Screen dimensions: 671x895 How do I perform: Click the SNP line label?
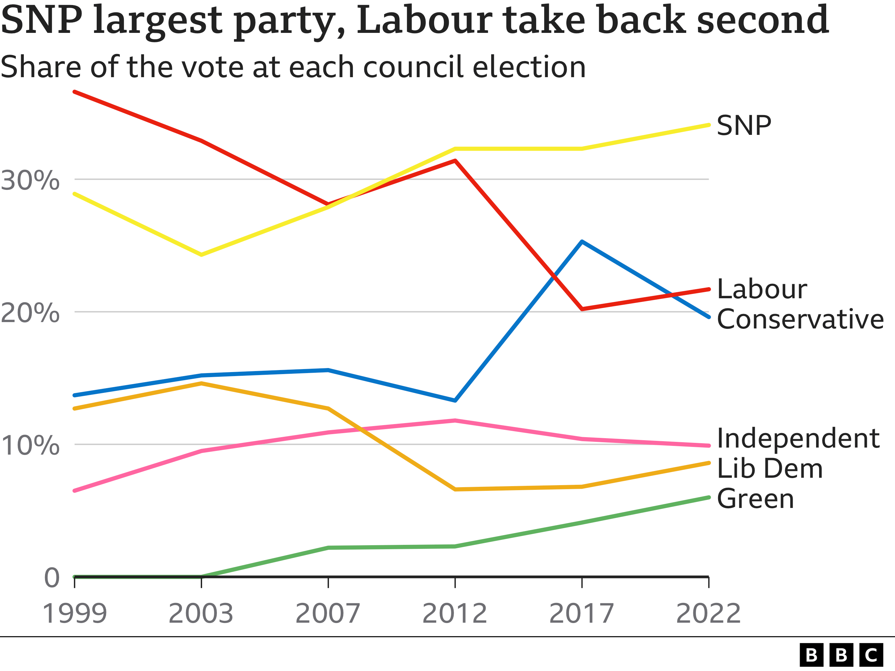[744, 126]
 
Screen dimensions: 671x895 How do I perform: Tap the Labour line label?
[762, 290]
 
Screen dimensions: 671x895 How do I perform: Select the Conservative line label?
[800, 319]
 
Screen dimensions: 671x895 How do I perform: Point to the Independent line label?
[798, 438]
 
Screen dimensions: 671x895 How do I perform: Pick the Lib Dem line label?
[769, 469]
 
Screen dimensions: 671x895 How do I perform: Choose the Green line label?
[755, 499]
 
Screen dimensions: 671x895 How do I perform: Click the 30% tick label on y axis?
[30, 180]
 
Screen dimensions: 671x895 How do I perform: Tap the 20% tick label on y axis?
[30, 313]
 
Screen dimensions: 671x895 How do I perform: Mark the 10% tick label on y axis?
[30, 446]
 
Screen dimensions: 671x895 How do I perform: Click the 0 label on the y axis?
[52, 578]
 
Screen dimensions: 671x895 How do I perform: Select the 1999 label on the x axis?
[75, 614]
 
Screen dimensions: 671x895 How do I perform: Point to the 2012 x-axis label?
[455, 614]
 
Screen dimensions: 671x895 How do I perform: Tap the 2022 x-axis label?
[708, 614]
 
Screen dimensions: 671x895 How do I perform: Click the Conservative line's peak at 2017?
[582, 242]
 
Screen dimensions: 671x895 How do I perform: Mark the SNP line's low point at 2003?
[201, 255]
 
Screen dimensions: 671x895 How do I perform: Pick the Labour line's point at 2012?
[455, 161]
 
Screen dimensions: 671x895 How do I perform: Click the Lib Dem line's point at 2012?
[455, 489]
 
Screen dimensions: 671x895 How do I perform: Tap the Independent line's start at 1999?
[75, 491]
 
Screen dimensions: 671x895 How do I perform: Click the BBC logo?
[841, 655]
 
